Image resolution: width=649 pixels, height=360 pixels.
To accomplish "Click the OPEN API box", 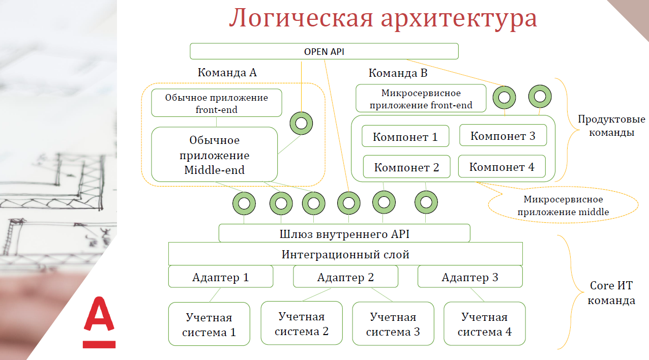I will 324,51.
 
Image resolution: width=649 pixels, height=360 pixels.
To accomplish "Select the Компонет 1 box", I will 405,137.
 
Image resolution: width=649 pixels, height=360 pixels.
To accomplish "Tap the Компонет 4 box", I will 502,167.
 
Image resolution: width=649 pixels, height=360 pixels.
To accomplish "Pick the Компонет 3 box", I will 503,136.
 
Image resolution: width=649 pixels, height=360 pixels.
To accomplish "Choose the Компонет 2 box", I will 406,167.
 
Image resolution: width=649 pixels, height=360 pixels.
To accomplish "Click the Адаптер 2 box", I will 345,277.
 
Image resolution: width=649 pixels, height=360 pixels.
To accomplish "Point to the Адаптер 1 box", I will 221,277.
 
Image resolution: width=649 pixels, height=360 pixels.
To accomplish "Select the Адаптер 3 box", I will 470,277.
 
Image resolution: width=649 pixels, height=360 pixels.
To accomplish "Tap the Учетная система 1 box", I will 209,324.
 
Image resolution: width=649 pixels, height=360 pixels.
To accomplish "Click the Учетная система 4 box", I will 484,324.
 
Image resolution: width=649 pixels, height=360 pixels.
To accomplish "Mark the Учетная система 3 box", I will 393,324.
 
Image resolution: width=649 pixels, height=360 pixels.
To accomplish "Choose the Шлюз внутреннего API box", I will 344,234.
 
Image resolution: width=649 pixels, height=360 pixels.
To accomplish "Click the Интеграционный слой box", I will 345,254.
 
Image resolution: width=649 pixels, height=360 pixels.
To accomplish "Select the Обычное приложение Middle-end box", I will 214,155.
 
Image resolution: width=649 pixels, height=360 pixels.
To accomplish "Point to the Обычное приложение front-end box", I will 216,103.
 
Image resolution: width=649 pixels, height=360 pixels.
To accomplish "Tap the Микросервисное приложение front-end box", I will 421,99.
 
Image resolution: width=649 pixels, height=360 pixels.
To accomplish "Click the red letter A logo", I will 100,321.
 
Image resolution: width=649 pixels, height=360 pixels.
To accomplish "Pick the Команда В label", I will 398,73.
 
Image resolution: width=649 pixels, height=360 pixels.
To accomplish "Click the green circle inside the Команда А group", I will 301,123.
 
